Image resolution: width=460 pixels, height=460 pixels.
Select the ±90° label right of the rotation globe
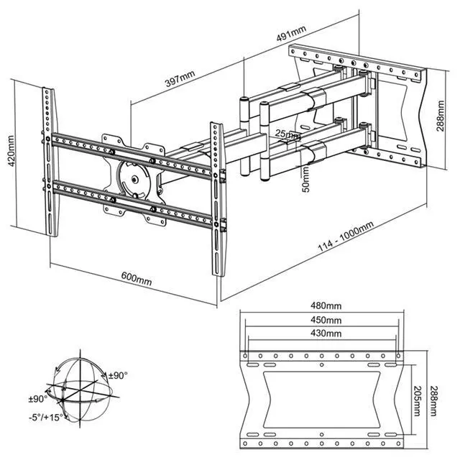coord(117,375)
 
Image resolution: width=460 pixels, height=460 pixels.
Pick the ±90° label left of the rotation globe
coord(38,398)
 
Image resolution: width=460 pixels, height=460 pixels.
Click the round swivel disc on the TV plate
coord(132,177)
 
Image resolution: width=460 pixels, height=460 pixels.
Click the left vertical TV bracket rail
coord(49,164)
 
